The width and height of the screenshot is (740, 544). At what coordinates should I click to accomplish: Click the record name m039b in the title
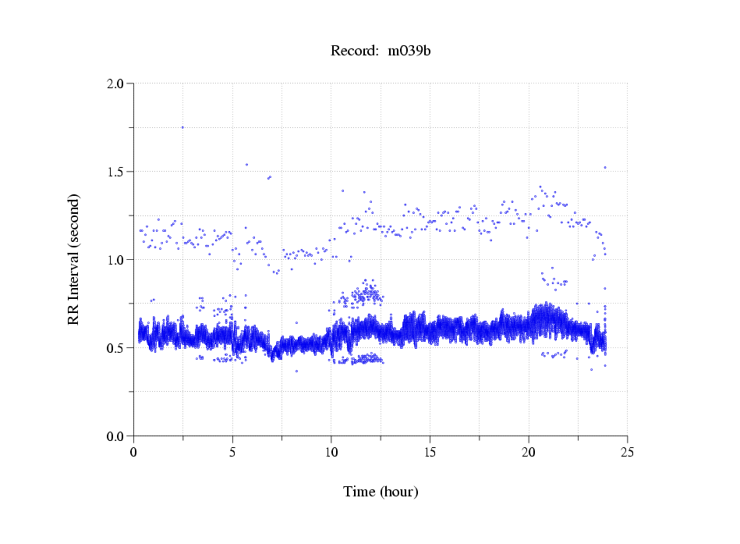coord(409,52)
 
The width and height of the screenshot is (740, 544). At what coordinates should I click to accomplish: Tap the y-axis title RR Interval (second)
coord(73,259)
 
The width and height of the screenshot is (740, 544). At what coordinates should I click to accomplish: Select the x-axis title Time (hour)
coord(381,492)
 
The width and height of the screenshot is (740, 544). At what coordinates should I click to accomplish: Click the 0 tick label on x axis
coord(134,451)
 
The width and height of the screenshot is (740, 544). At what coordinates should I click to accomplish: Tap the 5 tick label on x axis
coord(232,451)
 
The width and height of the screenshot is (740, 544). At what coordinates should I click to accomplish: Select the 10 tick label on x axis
coord(331,451)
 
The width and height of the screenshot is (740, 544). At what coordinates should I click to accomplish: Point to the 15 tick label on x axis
coord(430,451)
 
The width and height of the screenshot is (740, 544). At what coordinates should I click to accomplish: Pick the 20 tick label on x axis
coord(529,451)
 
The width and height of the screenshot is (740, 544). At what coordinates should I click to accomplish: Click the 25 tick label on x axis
coord(627,451)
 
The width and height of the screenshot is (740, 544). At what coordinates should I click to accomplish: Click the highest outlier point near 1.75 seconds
coord(182,127)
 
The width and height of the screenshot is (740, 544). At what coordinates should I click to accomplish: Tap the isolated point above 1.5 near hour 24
coord(604,167)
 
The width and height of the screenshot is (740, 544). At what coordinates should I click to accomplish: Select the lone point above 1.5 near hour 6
coord(246,165)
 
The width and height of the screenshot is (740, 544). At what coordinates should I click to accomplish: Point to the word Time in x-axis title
coord(359,492)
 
